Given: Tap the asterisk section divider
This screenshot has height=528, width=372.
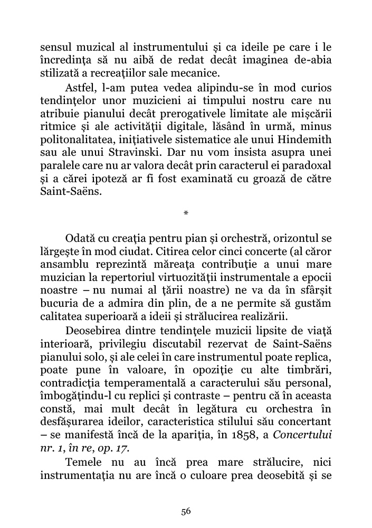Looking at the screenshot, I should coord(186,214).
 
